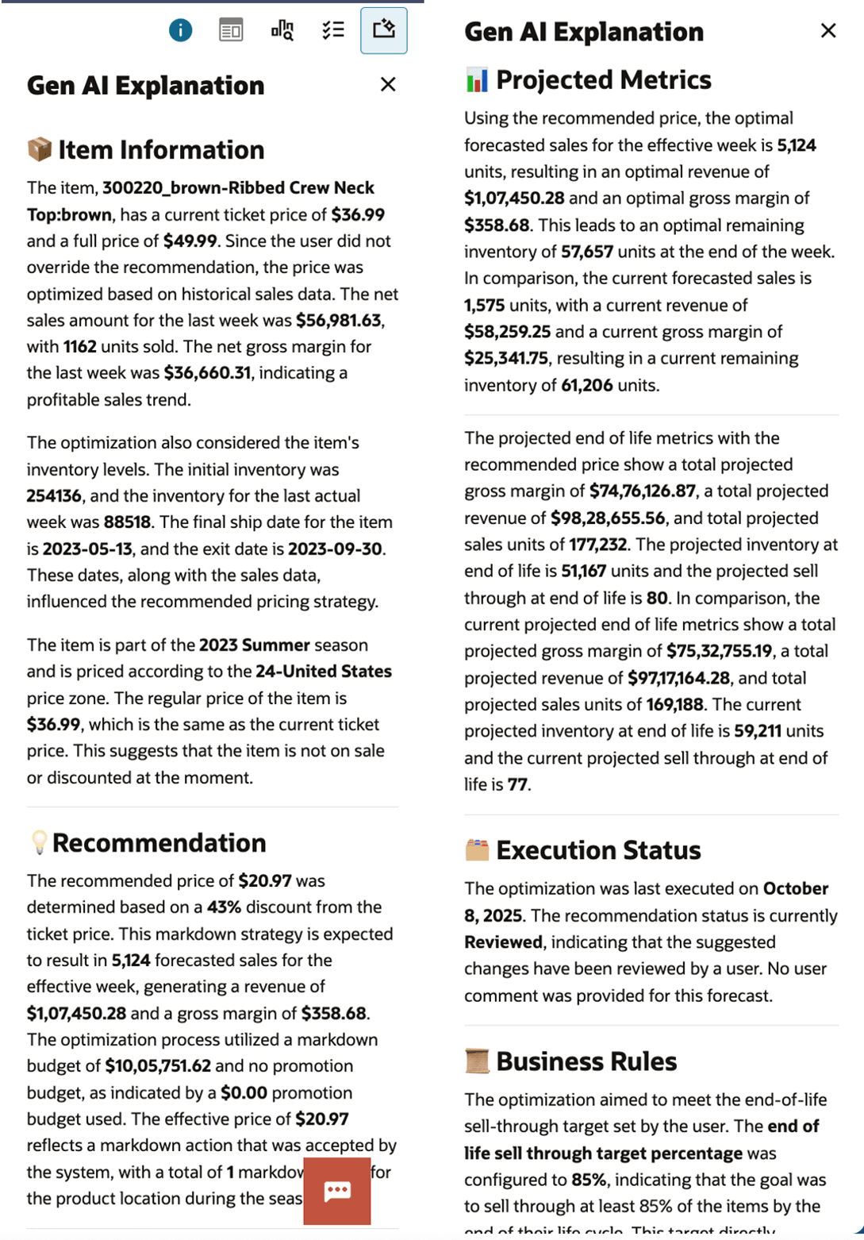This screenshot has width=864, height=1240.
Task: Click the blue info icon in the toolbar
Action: point(180,30)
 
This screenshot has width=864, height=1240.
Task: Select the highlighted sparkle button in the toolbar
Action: point(384,30)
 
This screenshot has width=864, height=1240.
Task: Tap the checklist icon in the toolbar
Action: point(333,30)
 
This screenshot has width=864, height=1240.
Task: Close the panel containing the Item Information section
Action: point(388,84)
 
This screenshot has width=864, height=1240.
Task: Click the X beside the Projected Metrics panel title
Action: point(828,30)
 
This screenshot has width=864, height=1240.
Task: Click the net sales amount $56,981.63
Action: point(340,320)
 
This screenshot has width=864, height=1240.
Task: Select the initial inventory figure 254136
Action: point(54,495)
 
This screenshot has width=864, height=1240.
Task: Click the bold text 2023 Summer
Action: point(254,645)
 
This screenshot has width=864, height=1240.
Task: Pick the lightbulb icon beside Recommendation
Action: point(38,842)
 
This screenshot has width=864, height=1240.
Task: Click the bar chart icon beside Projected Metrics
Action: point(477,79)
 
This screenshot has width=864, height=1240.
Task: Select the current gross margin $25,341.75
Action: point(505,358)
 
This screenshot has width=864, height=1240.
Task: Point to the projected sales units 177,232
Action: point(597,544)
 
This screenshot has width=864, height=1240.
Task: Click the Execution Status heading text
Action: point(598,850)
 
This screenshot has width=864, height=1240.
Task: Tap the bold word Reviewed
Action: point(503,942)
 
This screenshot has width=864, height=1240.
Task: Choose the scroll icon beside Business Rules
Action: point(477,1061)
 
